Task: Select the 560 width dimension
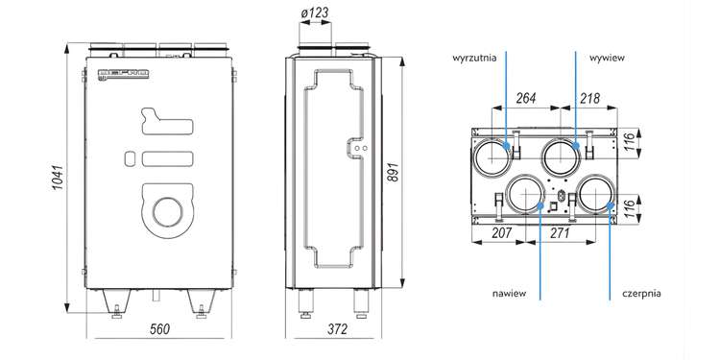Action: tap(159, 328)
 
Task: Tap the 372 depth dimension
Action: tap(337, 328)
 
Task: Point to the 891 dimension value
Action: tap(393, 172)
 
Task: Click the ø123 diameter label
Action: tap(315, 12)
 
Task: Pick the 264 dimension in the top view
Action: tap(526, 98)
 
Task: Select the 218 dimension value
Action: tap(589, 98)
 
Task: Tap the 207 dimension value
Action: tap(501, 233)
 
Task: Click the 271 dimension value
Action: tap(560, 233)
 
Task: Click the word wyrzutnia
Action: tap(475, 59)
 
